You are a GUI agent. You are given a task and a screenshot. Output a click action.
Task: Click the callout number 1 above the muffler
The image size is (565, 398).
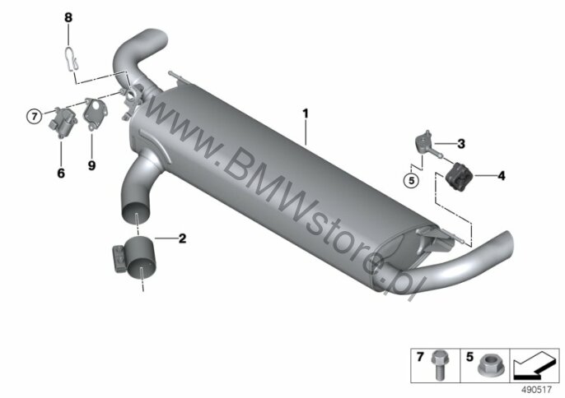(x=306, y=113)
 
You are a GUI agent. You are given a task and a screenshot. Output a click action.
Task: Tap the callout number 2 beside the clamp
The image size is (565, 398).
(x=183, y=238)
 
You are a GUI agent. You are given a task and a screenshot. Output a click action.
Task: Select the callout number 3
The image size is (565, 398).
(x=461, y=144)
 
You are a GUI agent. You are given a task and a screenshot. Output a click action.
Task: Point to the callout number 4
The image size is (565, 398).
(x=502, y=176)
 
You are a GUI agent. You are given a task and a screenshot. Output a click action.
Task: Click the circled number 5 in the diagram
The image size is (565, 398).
(x=412, y=180)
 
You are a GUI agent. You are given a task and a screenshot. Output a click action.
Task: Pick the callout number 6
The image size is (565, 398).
(x=61, y=173)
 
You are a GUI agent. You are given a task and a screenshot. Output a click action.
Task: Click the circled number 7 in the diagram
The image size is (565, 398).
(x=35, y=116)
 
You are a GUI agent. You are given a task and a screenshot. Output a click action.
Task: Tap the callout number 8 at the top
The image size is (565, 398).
(x=68, y=17)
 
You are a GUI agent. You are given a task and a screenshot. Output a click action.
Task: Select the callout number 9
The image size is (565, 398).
(x=92, y=165)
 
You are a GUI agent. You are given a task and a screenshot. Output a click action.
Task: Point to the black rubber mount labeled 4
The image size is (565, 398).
(x=459, y=175)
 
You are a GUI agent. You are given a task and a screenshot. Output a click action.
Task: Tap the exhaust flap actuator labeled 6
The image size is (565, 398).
(x=63, y=121)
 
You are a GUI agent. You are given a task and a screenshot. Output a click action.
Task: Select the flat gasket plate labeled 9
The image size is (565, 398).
(x=95, y=113)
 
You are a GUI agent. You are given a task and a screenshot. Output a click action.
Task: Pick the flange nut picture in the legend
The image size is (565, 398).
(x=488, y=368)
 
